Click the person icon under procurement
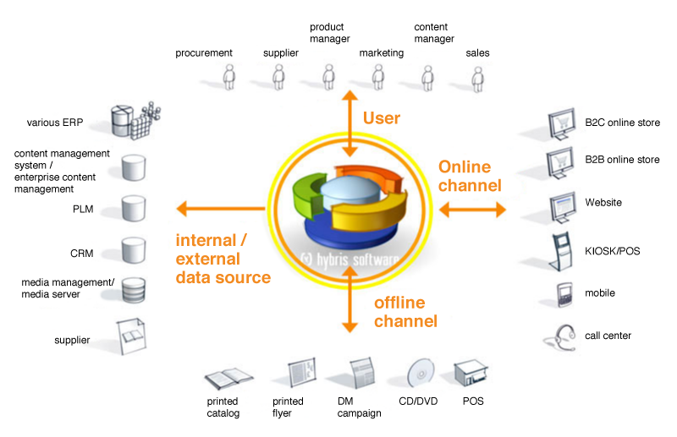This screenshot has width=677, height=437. click(x=228, y=77)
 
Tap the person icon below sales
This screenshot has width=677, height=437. click(x=477, y=79)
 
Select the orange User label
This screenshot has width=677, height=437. click(x=382, y=117)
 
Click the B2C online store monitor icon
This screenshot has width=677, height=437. click(x=562, y=123)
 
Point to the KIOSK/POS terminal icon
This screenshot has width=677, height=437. click(x=561, y=252)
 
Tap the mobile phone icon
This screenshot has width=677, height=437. click(x=564, y=295)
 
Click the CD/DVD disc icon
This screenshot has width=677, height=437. click(x=420, y=373)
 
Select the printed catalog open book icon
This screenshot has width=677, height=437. click(x=228, y=379)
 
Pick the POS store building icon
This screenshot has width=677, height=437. click(x=471, y=373)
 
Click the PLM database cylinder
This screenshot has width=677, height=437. click(x=134, y=209)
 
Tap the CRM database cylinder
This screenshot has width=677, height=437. click(x=134, y=250)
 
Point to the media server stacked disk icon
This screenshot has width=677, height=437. click(x=134, y=290)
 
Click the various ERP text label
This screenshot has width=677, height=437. click(x=55, y=123)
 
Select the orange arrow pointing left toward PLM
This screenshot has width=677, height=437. click(x=221, y=209)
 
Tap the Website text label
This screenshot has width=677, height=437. click(x=603, y=202)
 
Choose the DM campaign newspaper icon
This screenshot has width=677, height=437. click(x=362, y=373)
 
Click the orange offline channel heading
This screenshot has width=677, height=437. click(x=405, y=312)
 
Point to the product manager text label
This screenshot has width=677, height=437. click(x=329, y=33)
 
